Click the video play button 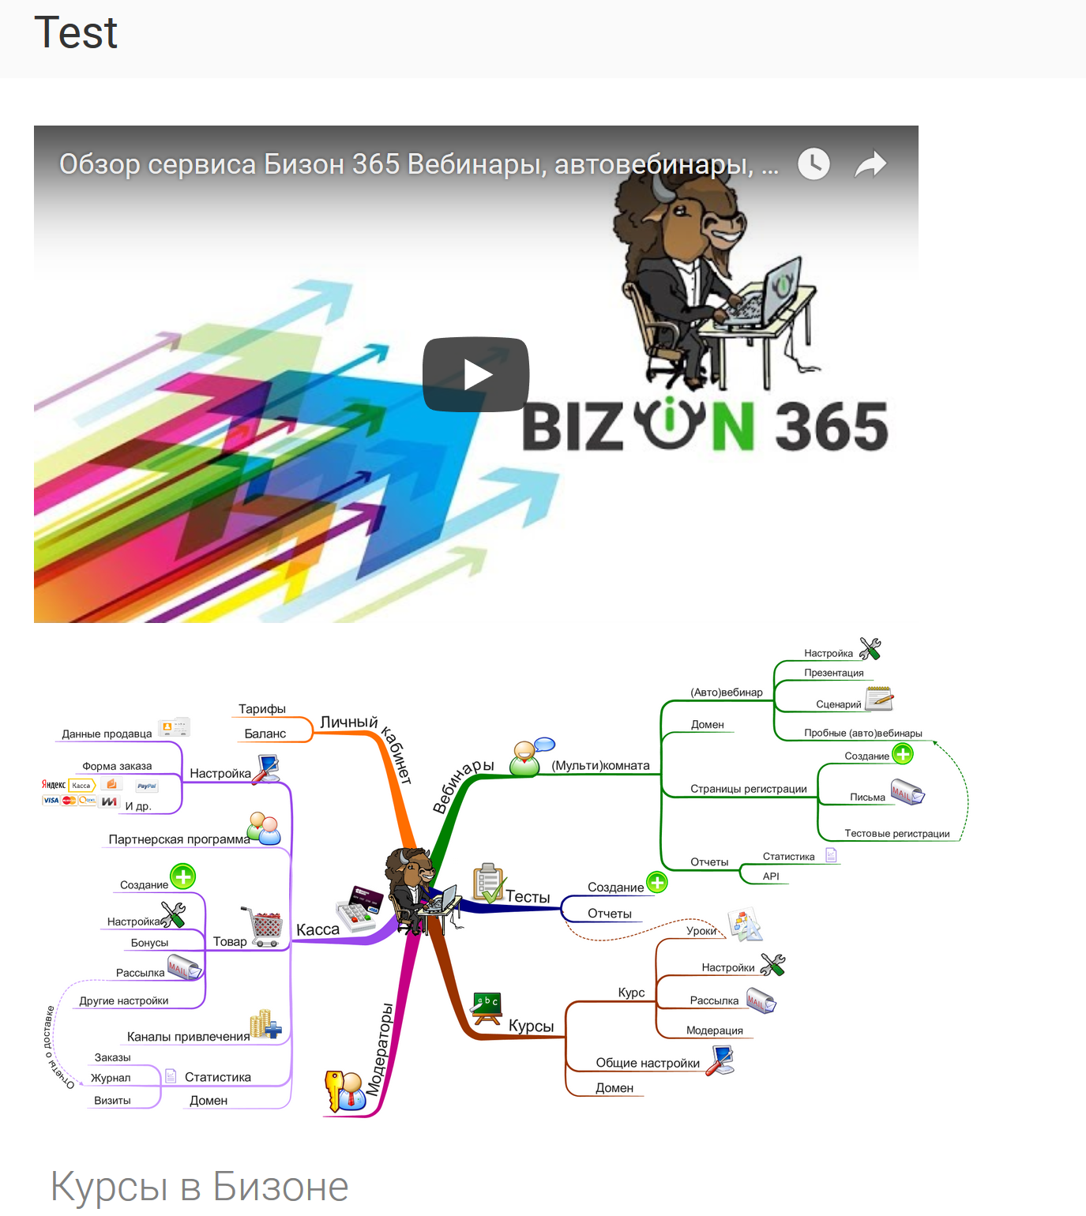(475, 374)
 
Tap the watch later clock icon (814, 163)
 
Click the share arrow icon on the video (870, 164)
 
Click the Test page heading (76, 33)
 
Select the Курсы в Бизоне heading (200, 1186)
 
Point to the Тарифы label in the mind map (262, 709)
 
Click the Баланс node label (265, 734)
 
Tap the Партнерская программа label (179, 839)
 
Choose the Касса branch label (318, 930)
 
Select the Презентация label (834, 673)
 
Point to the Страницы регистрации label (749, 789)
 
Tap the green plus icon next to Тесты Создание (657, 883)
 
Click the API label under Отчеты (771, 876)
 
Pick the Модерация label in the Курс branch (715, 1030)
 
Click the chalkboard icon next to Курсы (487, 1008)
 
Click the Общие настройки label (648, 1063)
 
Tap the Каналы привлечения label (188, 1037)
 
